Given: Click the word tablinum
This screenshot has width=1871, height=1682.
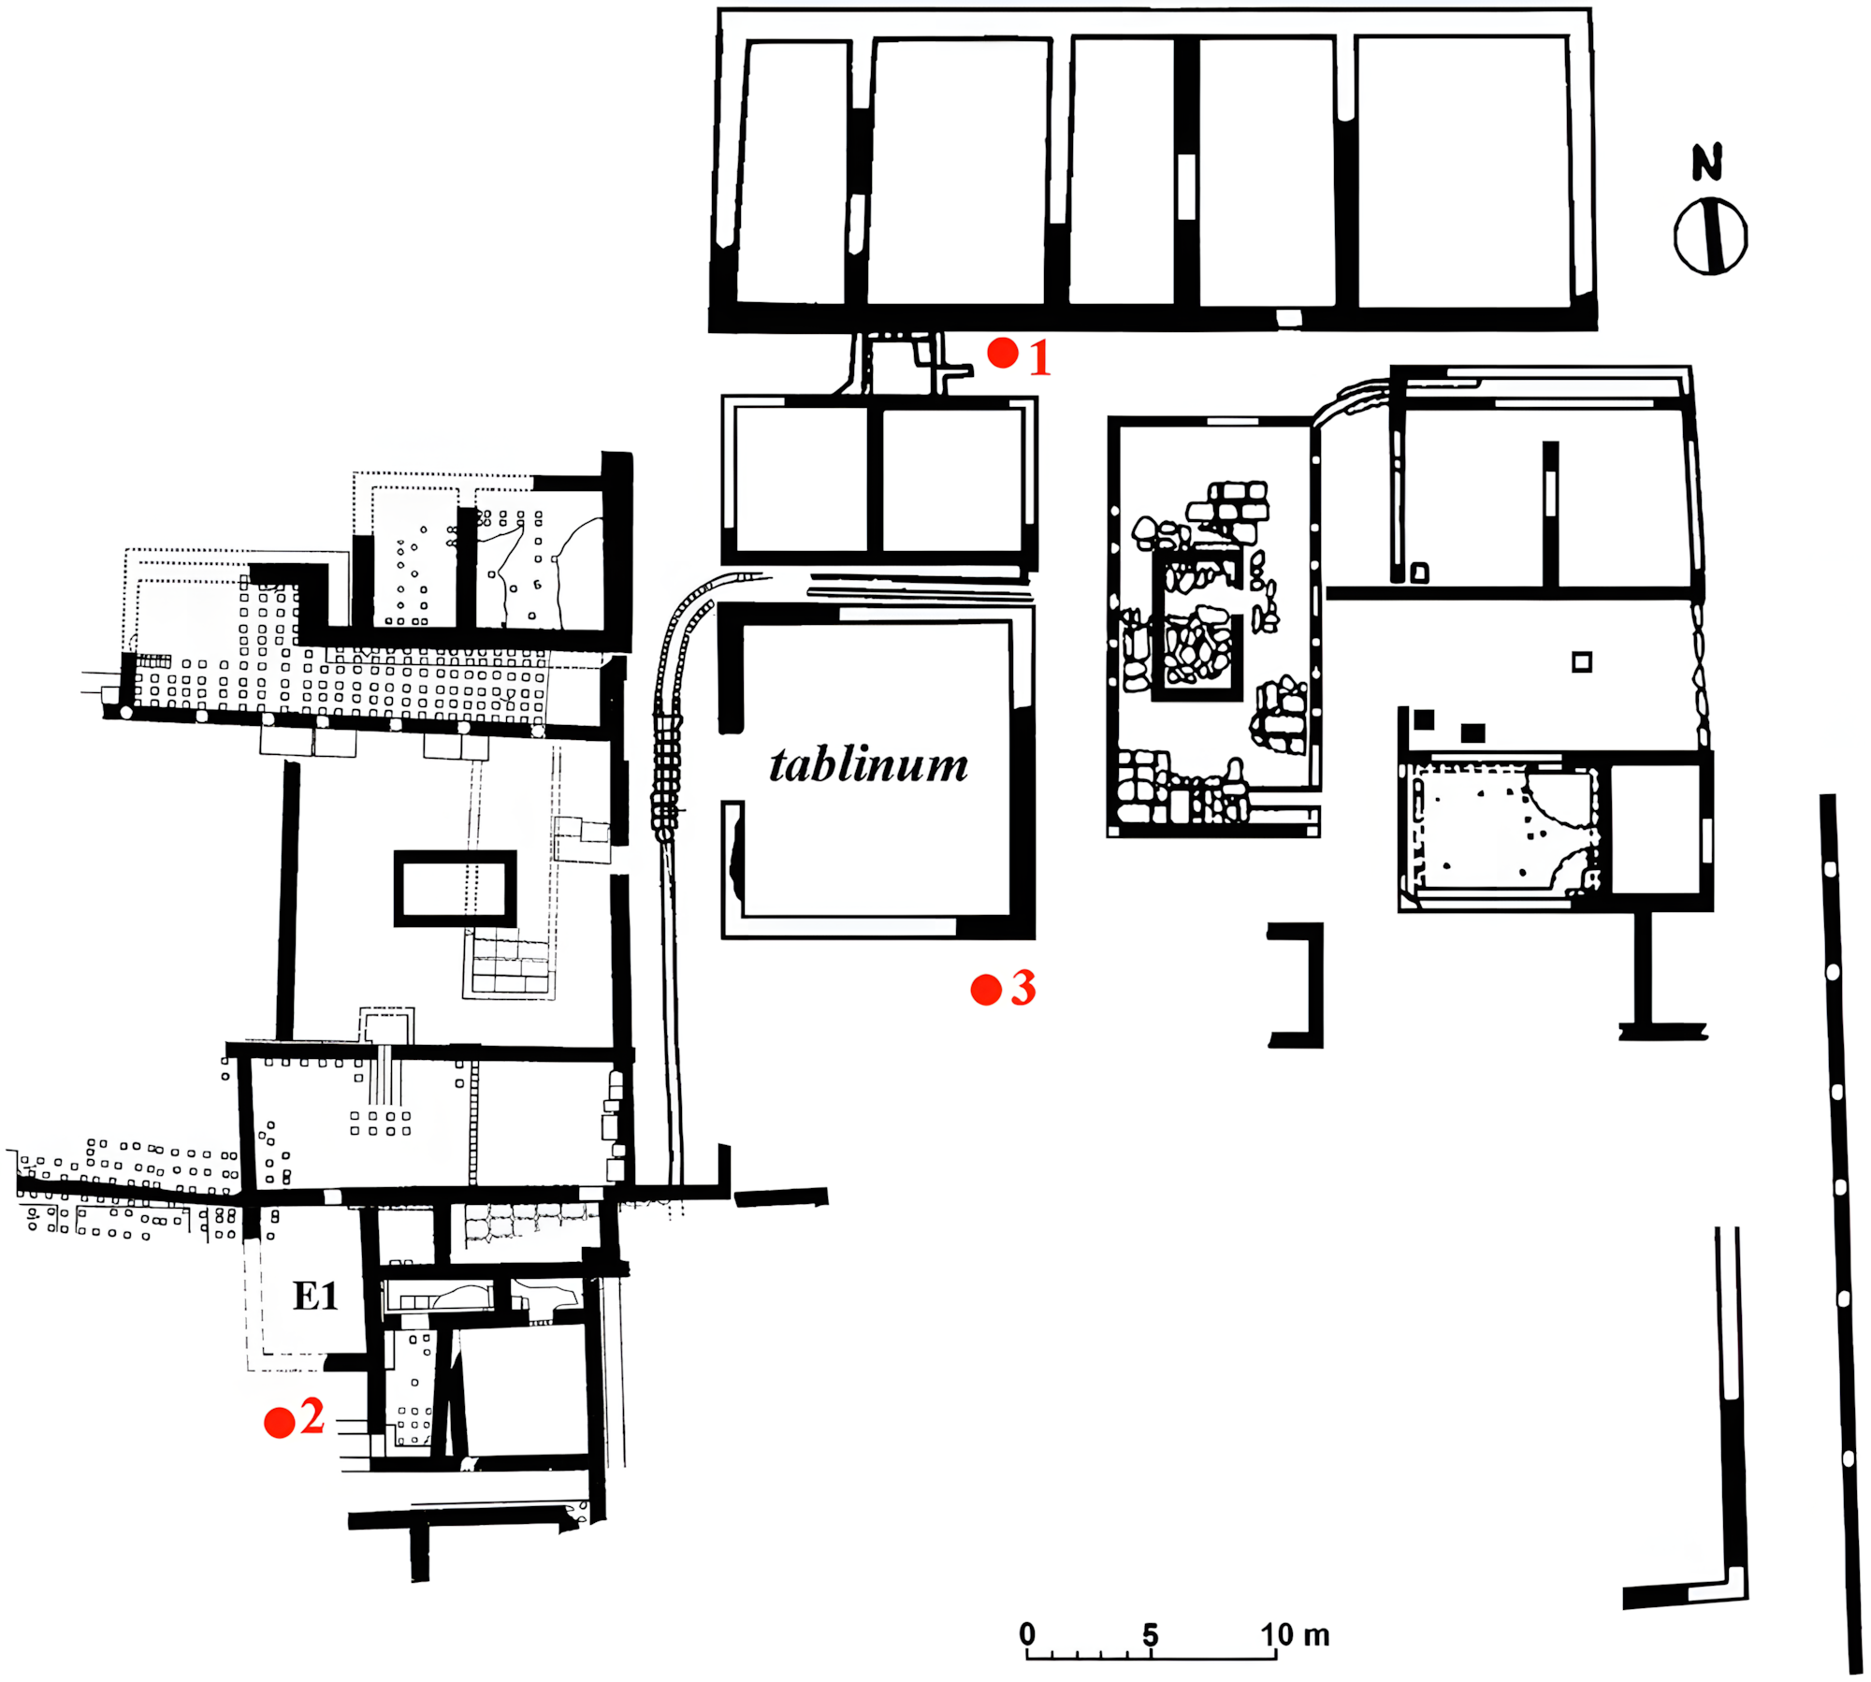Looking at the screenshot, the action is (868, 765).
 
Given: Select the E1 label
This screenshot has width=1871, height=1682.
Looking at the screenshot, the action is (315, 1296).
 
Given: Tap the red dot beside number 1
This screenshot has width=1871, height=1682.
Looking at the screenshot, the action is (1003, 353).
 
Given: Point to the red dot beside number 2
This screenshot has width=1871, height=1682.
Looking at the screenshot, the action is (280, 1423).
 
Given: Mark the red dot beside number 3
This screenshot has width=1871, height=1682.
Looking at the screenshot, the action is (986, 990).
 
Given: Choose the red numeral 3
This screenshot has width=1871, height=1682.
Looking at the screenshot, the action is (1023, 988).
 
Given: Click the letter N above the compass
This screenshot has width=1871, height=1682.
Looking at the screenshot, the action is (1707, 163).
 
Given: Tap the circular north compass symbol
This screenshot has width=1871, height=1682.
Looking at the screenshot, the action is (1711, 236).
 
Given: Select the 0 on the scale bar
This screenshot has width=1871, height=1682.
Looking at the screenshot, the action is (1027, 1633).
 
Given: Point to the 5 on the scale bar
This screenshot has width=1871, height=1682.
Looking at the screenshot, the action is (1151, 1634).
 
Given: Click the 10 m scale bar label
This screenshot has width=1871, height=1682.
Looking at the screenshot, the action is (1295, 1634).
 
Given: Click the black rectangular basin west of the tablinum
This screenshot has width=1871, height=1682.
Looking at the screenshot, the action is (455, 889).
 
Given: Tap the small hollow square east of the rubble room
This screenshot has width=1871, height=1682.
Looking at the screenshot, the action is (1582, 662).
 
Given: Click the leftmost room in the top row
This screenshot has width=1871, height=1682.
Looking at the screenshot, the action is (793, 172).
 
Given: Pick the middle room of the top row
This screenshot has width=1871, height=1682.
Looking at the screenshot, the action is (1122, 170).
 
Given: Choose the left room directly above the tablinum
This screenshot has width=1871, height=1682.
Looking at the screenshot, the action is (802, 480).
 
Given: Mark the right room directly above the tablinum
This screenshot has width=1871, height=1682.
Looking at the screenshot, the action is (952, 480).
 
